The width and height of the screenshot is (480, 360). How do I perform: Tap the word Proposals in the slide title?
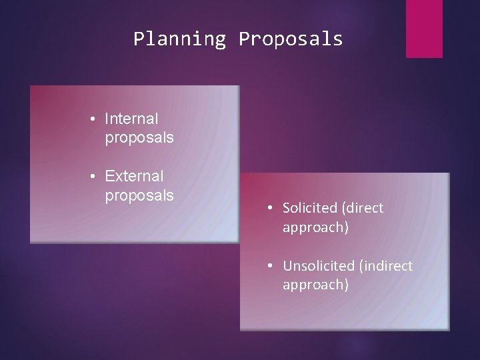coord(290,39)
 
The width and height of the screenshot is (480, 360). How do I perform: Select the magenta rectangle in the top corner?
coord(424,29)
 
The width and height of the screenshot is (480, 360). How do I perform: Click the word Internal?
coord(131,119)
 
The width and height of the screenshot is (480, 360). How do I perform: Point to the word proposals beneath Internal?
coord(139,138)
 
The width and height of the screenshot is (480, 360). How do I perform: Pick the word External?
coord(133,177)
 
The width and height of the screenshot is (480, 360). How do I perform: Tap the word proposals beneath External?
coord(139,195)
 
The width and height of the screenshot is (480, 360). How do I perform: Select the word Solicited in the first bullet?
coord(309,208)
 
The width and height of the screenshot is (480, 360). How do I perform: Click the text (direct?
coord(361,208)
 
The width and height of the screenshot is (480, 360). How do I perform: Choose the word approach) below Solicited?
coord(315,227)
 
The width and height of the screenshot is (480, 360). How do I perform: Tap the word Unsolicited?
coord(318,266)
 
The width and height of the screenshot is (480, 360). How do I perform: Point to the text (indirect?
coord(386,266)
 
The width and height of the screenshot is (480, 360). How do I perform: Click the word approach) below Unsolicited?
coord(315,285)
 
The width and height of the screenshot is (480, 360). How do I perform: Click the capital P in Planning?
coord(138,39)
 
